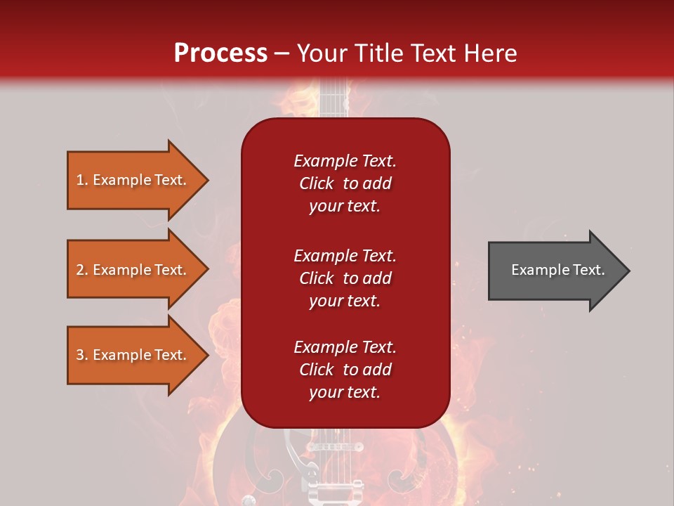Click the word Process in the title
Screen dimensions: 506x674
[x=220, y=53]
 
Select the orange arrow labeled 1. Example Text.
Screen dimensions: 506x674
[x=132, y=180]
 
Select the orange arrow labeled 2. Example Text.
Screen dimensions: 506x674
[x=132, y=270]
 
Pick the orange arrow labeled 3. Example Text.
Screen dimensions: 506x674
[x=132, y=355]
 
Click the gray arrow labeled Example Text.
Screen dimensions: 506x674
[x=557, y=270]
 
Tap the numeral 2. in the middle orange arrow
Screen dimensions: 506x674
[x=82, y=270]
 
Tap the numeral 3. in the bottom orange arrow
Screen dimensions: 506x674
[x=82, y=355]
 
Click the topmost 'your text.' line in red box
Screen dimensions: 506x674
[x=345, y=206]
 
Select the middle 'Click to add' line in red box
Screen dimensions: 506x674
[x=345, y=278]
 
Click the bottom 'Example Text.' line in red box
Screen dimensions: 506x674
[x=345, y=347]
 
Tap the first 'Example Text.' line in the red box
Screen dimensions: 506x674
[x=345, y=161]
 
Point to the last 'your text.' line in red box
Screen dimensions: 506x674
[x=345, y=392]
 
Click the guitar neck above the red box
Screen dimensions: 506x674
[x=335, y=98]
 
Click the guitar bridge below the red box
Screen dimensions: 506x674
[x=335, y=447]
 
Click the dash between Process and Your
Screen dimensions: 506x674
[x=282, y=54]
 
